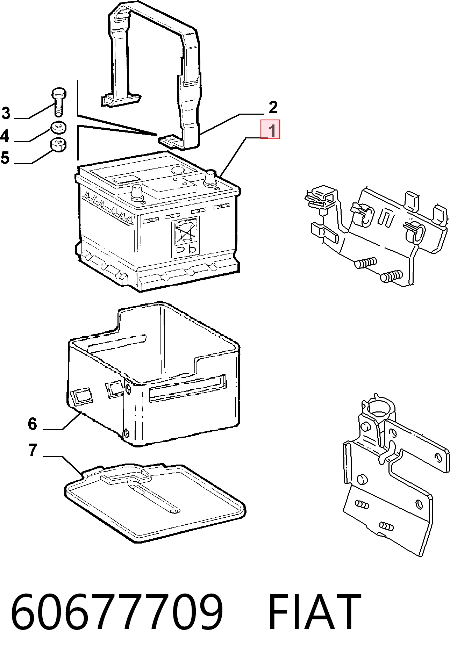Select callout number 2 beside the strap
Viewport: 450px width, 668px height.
(x=273, y=107)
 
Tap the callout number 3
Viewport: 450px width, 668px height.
(x=6, y=113)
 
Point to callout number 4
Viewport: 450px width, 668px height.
(x=5, y=136)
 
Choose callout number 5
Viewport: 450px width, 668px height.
(x=5, y=158)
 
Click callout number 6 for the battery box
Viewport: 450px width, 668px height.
(x=33, y=424)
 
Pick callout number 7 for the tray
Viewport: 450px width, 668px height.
(x=33, y=450)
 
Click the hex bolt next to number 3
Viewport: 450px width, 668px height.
(x=59, y=102)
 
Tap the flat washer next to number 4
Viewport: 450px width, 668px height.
(x=59, y=127)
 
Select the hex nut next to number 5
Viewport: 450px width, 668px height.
(x=59, y=145)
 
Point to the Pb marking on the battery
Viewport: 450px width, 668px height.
(x=186, y=250)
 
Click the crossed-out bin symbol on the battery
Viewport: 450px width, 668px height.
(x=185, y=232)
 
